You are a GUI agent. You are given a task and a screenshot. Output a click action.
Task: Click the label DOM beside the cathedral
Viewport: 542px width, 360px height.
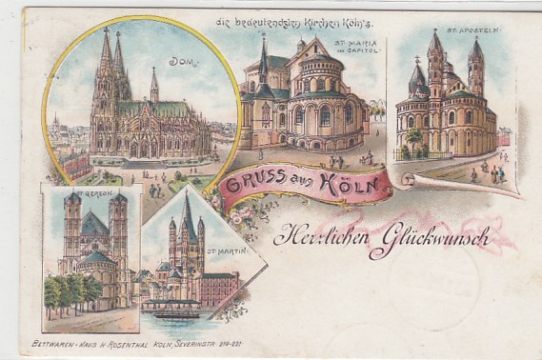click(x=179, y=62)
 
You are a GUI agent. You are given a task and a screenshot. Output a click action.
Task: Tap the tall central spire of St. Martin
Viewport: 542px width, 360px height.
click(x=187, y=224)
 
